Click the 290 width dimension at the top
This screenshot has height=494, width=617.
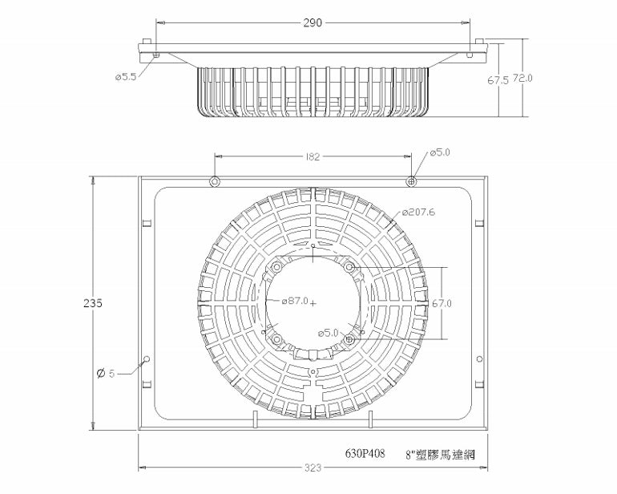(313, 23)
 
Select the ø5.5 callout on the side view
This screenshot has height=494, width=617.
(127, 78)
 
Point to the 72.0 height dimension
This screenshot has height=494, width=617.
(523, 78)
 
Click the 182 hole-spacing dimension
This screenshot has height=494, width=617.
(313, 157)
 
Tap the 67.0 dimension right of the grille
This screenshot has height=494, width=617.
(442, 304)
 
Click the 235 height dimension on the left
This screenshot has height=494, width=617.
(94, 304)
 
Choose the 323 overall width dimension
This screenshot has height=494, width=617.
(312, 467)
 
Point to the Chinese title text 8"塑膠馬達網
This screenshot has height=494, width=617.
(442, 454)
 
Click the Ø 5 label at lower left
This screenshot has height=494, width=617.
(106, 374)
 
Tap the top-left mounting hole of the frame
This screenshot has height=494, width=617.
(214, 181)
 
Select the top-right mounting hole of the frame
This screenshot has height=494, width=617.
(411, 181)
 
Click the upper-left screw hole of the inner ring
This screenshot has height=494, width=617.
(277, 267)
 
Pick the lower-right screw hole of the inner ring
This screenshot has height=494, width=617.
(349, 340)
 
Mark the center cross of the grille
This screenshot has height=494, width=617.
(313, 303)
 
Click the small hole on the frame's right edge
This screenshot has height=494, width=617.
(479, 358)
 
